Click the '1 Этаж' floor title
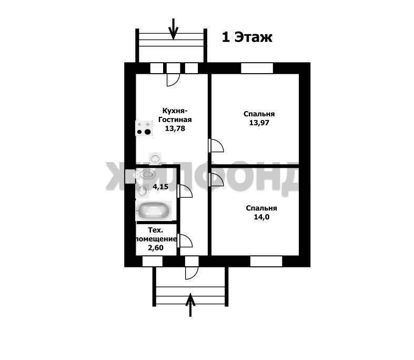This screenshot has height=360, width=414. tap(247, 37)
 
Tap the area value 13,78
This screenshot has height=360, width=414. tap(175, 128)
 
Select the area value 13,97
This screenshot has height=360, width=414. tap(259, 123)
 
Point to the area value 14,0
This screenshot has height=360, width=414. tap(261, 217)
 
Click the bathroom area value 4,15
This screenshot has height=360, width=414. tap(160, 187)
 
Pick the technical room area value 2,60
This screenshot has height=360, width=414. tap(156, 248)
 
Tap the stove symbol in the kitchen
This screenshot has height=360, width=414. tap(144, 128)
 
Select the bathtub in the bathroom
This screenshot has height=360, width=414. tap(154, 211)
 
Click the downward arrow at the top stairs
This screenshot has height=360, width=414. tap(173, 29)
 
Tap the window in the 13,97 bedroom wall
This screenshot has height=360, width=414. tap(257, 68)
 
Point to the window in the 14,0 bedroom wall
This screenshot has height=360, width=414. tap(266, 261)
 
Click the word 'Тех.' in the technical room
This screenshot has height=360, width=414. tap(155, 230)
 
